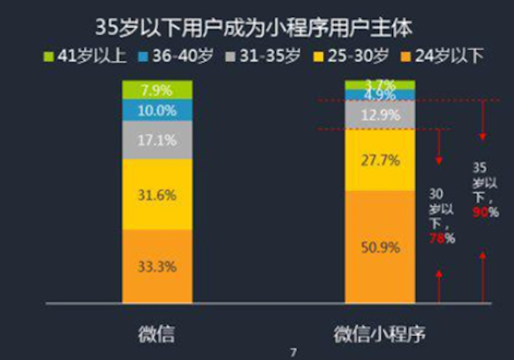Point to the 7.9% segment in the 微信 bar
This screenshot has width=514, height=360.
(157, 90)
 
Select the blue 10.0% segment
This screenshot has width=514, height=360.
(157, 110)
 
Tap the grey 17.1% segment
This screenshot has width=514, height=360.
(157, 140)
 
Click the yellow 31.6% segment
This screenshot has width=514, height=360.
(157, 194)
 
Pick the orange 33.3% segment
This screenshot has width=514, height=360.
(157, 266)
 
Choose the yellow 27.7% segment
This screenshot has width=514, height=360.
(380, 160)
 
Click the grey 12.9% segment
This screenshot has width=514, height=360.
(380, 115)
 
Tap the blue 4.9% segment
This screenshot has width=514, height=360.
(380, 95)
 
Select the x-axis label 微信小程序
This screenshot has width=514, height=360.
(380, 335)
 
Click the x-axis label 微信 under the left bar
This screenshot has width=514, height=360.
(157, 335)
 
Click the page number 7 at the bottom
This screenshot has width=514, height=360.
(293, 352)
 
